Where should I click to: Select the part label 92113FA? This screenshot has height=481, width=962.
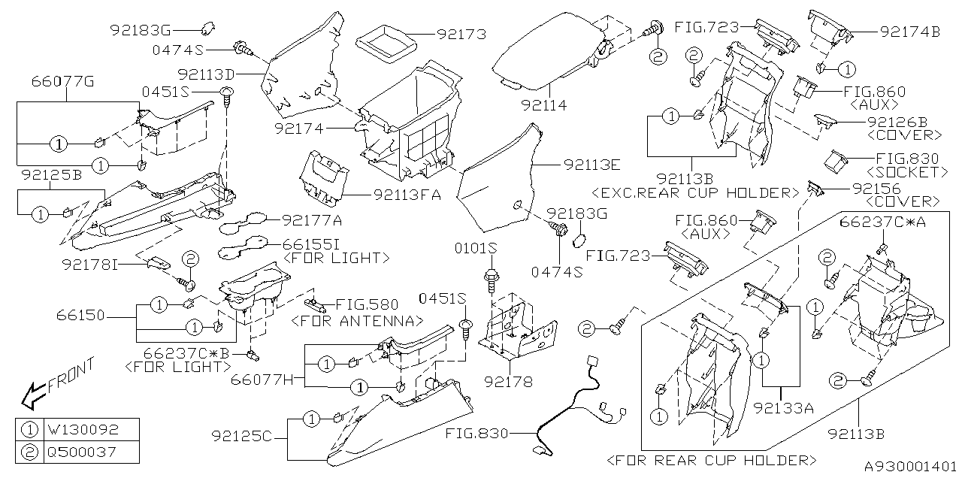407,195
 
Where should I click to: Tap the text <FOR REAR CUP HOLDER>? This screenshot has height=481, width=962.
711,459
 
